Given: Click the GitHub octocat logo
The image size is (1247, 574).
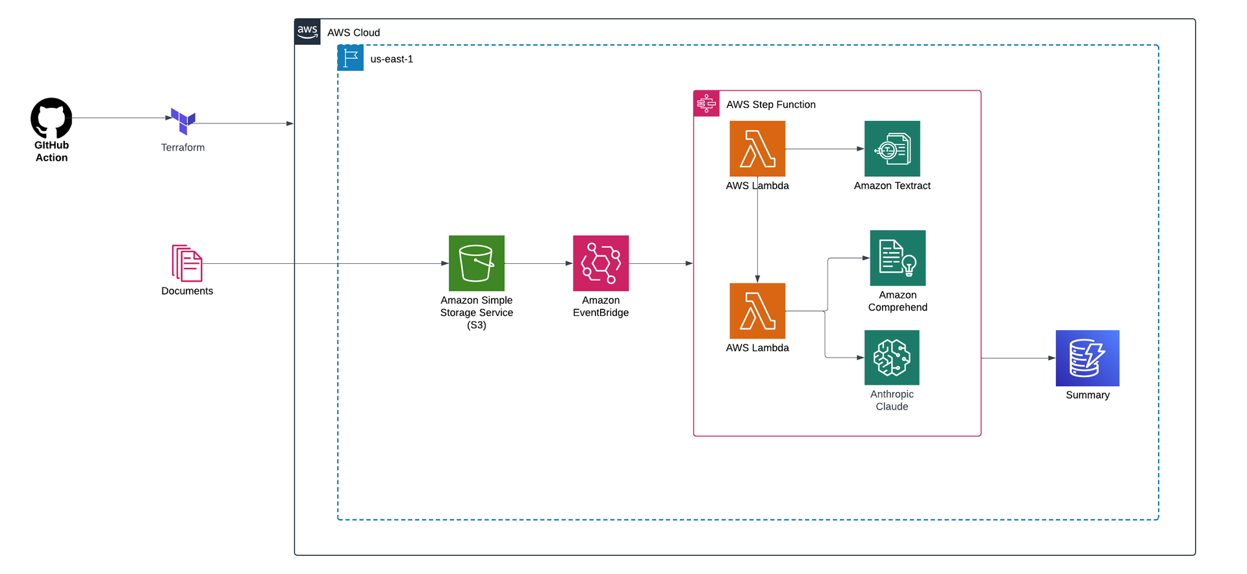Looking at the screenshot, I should [x=51, y=118].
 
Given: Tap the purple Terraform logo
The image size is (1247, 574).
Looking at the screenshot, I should [x=183, y=121].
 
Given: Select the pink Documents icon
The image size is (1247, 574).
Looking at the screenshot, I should [x=187, y=263].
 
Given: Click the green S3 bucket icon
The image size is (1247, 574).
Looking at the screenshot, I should [x=476, y=263].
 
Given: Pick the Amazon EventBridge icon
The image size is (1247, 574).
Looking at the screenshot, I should [x=601, y=263].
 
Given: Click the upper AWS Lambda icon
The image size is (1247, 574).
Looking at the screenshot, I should [x=757, y=148].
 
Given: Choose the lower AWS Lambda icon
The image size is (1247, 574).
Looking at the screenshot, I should [x=757, y=311].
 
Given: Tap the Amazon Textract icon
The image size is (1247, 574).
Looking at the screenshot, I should [x=892, y=148].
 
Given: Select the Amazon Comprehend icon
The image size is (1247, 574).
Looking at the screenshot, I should [x=898, y=258].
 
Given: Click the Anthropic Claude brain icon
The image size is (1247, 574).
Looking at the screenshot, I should [x=892, y=358].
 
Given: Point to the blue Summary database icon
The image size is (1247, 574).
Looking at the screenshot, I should [x=1087, y=358].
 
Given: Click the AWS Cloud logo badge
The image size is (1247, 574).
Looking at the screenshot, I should [x=307, y=32].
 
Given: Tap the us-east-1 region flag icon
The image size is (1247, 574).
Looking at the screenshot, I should [x=351, y=59].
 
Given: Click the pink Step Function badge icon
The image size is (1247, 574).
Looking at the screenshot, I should [x=707, y=104].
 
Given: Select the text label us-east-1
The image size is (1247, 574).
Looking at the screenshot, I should [x=392, y=59].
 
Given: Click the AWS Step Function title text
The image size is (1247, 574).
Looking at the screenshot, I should [x=771, y=105].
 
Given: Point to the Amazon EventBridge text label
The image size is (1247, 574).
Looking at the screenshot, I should [x=601, y=306].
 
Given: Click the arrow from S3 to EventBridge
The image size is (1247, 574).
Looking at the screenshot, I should [x=538, y=263].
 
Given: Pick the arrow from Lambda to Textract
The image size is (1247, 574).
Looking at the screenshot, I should [x=825, y=149].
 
